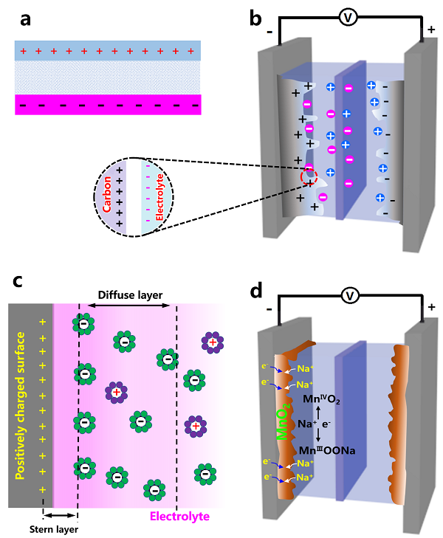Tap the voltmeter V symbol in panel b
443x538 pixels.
[x=343, y=18]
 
